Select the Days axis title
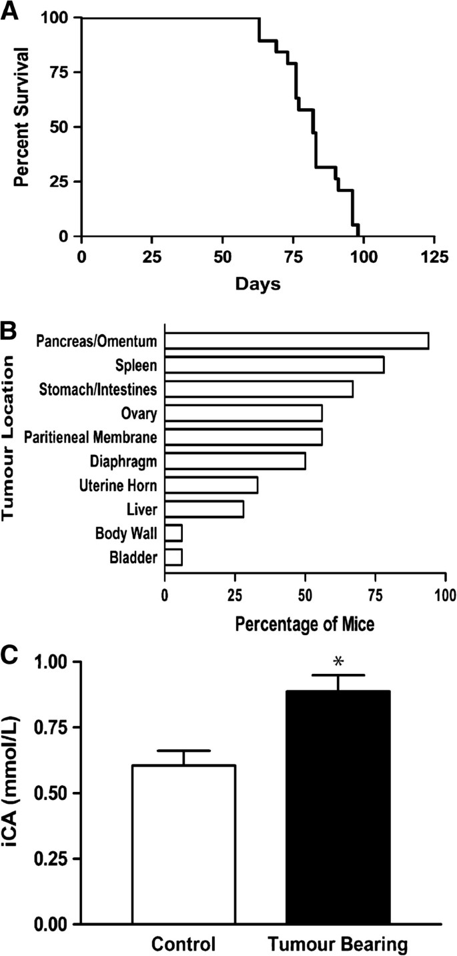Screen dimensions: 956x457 (258, 284)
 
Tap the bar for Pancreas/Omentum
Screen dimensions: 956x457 (296, 341)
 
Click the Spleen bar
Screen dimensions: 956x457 (274, 365)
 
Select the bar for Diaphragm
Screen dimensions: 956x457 (235, 460)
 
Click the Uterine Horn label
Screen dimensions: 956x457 (119, 485)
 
